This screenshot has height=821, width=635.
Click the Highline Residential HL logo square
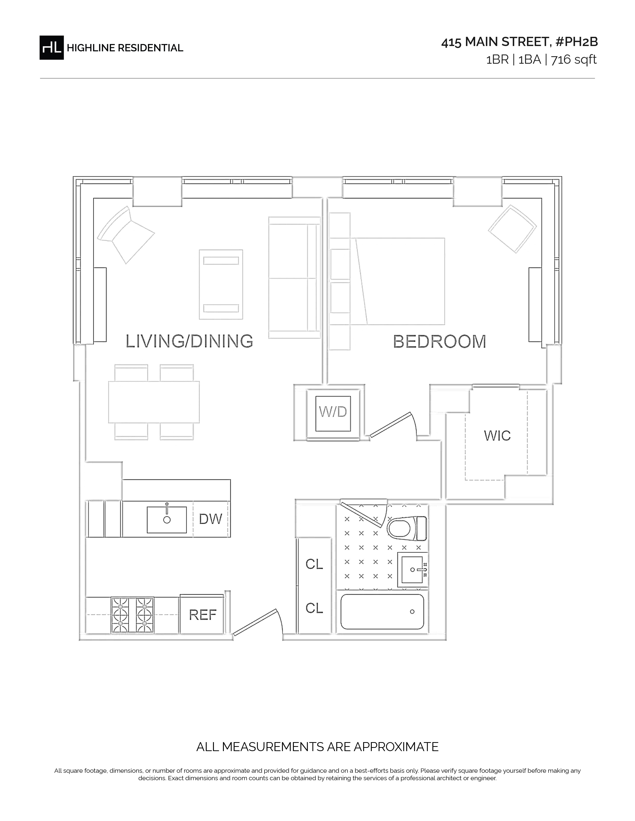(52, 48)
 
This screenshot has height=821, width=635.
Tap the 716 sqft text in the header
(574, 60)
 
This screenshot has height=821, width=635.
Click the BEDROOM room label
(439, 341)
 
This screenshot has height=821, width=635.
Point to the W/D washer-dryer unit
(333, 413)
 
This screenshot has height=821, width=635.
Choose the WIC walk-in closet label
(497, 436)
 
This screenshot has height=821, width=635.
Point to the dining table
(154, 402)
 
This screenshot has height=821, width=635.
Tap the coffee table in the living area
(221, 285)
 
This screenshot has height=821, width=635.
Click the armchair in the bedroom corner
(512, 229)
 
